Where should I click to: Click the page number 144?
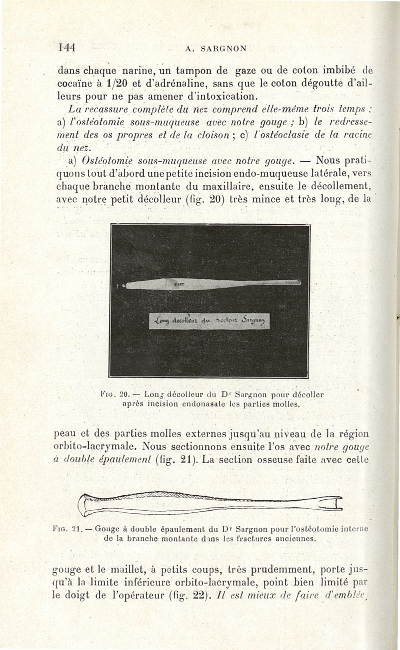(x=66, y=48)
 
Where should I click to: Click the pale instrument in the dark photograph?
(x=210, y=284)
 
